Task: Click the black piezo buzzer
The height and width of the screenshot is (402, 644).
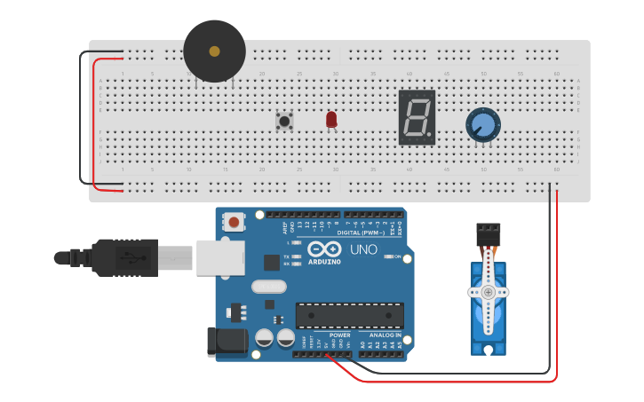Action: coord(214,51)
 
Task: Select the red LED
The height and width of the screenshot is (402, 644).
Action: coord(331,119)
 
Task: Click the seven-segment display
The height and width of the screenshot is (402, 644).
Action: coord(417,117)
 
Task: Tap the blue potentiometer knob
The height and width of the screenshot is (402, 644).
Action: coord(483,124)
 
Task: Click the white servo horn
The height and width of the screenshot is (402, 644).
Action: coord(488,291)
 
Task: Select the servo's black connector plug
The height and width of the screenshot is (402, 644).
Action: coord(488,234)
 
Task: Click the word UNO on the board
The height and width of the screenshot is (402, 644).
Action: coord(363,250)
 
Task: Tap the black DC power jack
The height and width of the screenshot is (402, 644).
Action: coord(222,343)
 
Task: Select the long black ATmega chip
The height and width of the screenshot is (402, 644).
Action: coord(349,315)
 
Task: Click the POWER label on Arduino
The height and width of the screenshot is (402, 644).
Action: coord(340,335)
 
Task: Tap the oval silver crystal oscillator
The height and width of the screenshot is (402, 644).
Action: coord(269,286)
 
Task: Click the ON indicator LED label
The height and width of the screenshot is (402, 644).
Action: coord(397,256)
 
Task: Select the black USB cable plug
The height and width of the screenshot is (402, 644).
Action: coord(124,257)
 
